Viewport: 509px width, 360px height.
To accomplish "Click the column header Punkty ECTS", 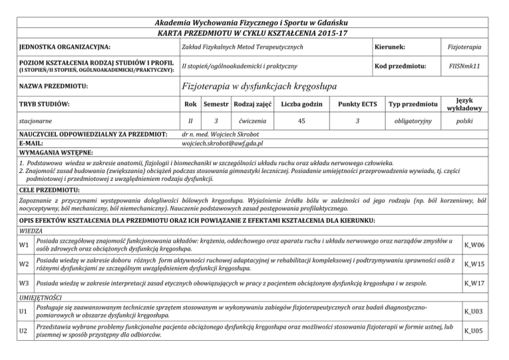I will click(356, 103).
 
